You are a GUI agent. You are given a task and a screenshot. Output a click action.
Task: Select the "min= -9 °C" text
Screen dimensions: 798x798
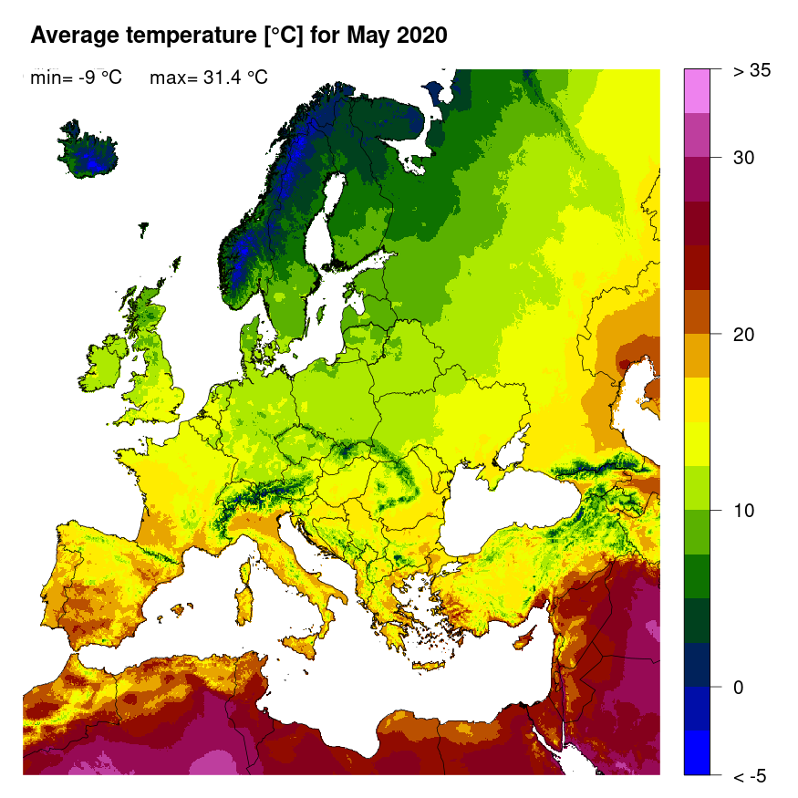tap(76, 78)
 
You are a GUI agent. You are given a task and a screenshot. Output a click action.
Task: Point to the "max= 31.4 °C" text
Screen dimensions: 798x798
tap(208, 78)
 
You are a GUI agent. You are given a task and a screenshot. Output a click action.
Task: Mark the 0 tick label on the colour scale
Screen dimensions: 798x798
tap(740, 687)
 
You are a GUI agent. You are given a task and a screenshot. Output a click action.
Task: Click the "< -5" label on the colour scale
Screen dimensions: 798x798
tap(749, 776)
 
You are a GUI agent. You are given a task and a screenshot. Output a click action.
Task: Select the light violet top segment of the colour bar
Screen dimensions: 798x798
tap(697, 90)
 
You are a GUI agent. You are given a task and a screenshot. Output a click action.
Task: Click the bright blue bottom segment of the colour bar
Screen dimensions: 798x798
tap(697, 752)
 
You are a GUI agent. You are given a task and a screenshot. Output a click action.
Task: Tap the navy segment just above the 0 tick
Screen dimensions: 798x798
tap(697, 664)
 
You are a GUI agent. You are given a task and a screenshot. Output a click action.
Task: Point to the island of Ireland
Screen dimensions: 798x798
tap(105, 361)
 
